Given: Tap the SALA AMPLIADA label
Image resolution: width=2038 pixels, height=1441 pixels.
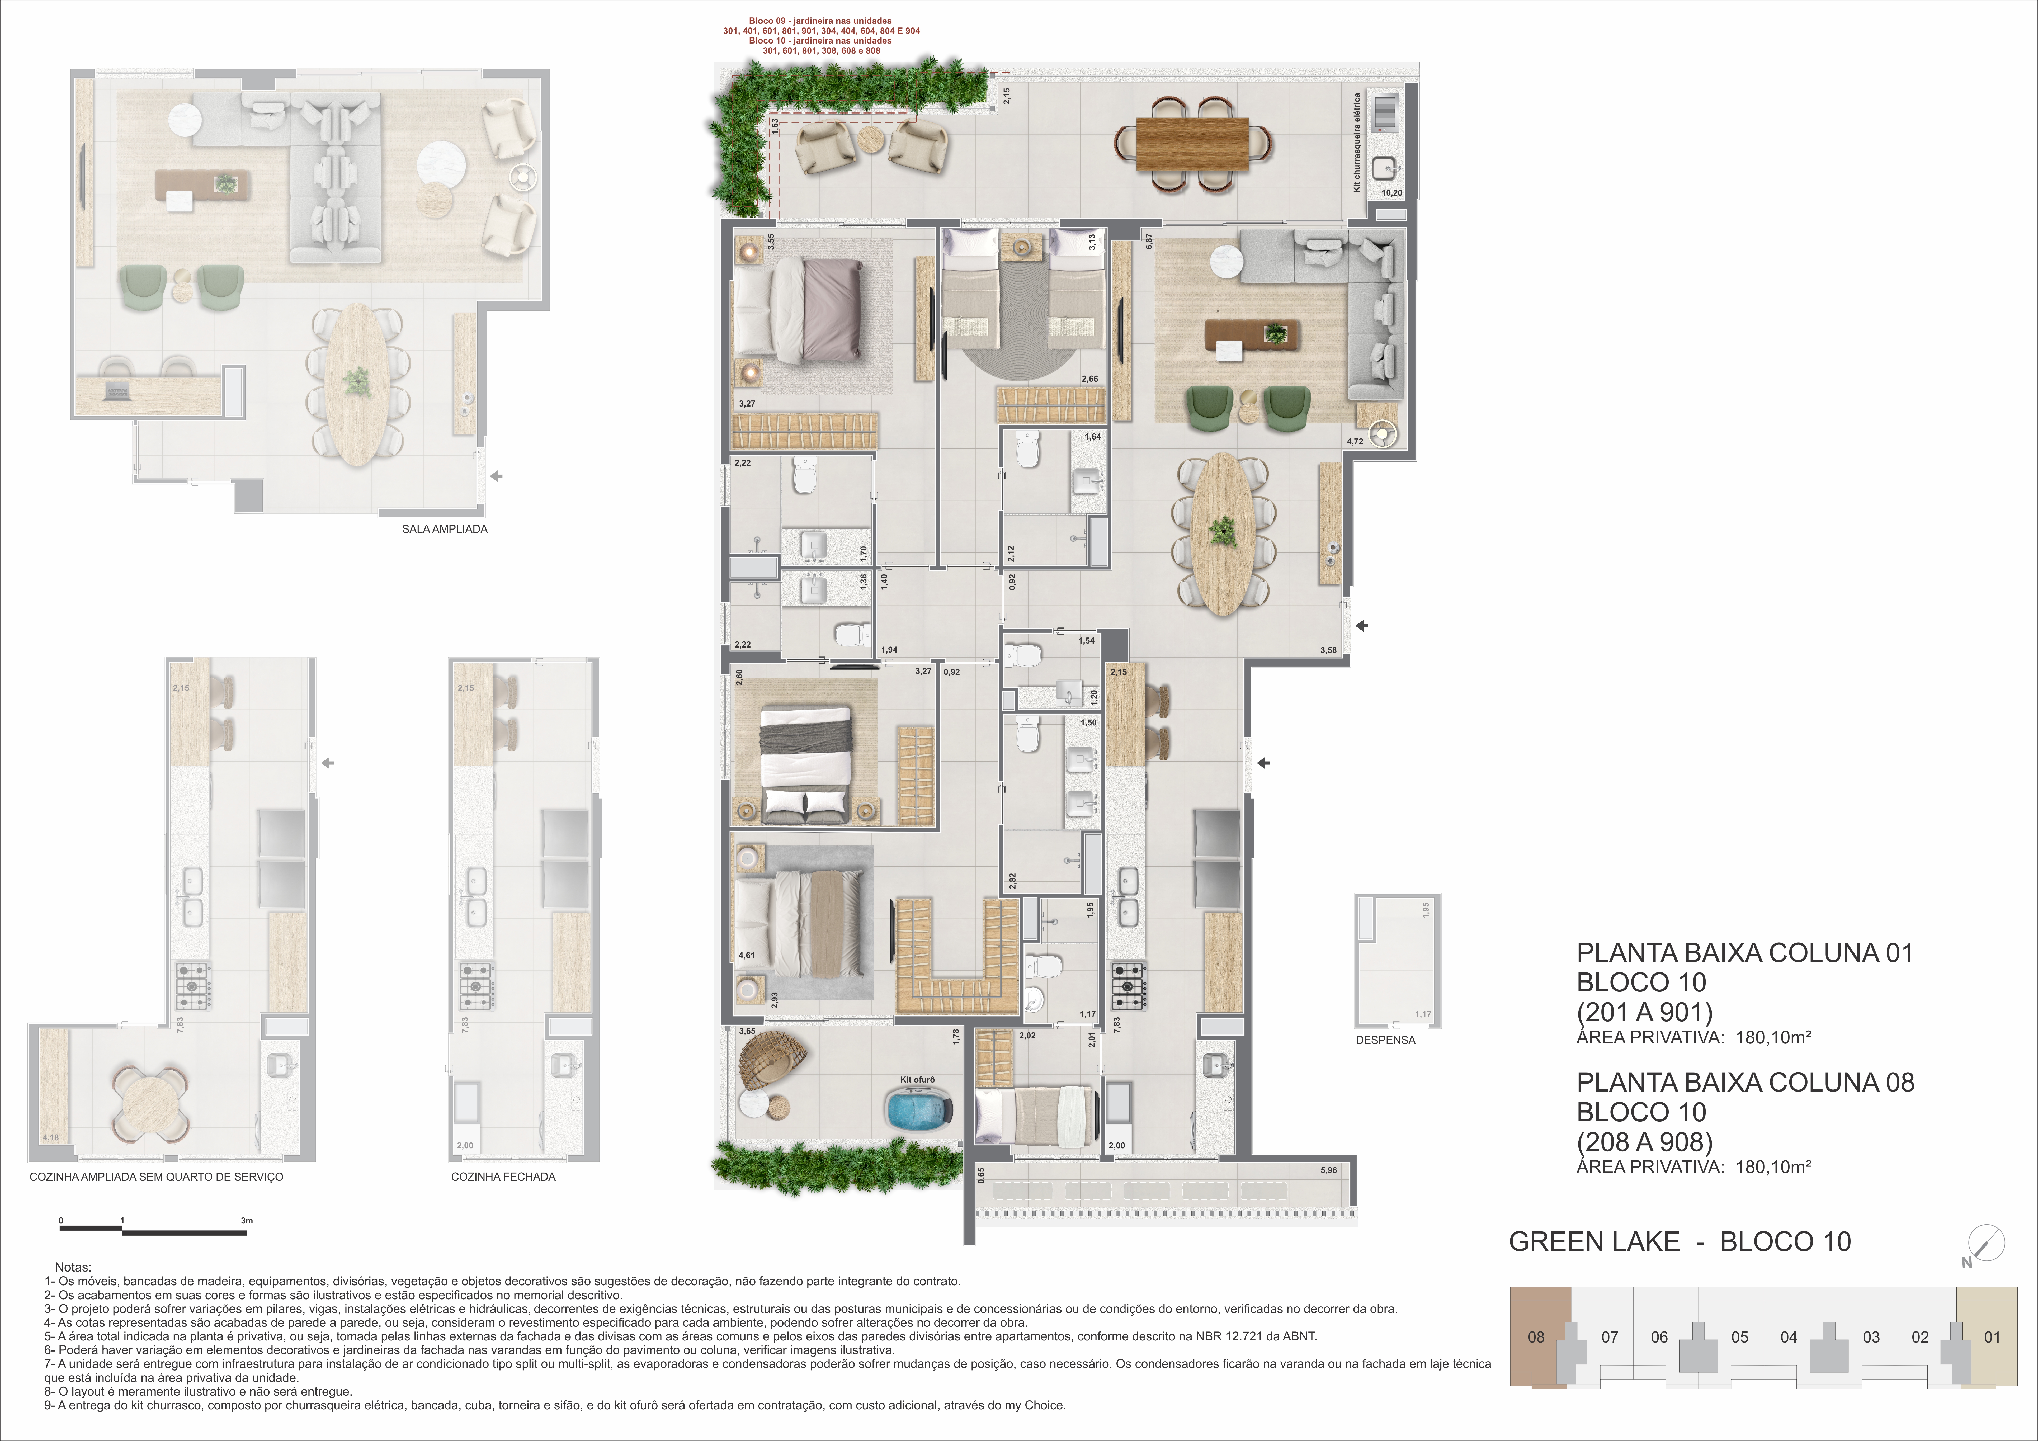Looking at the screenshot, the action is [x=445, y=529].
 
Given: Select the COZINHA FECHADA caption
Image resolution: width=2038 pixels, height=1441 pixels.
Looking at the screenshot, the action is [x=503, y=1177].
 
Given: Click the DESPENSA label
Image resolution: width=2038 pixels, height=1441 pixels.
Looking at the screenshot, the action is [x=1386, y=1040].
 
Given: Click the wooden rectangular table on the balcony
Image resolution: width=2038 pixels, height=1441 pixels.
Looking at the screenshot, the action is [x=1192, y=144].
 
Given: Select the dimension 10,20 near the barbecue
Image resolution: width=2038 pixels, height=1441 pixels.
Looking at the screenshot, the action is [x=1392, y=192].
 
